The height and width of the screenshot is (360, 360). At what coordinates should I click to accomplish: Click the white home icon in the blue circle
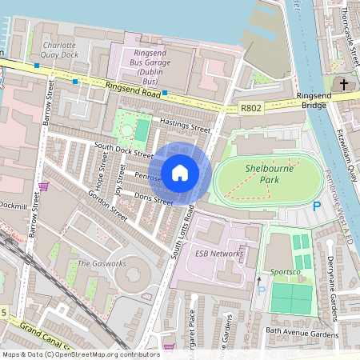coord(180,172)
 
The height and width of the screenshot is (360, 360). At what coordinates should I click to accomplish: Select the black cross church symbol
coord(343,83)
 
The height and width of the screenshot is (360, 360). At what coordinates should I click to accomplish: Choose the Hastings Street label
coord(185,124)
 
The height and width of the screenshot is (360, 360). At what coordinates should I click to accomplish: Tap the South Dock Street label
coord(123,150)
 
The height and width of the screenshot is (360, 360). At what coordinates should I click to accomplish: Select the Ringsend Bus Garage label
coord(157,57)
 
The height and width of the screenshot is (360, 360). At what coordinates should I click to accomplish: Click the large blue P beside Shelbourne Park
coord(316,206)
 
